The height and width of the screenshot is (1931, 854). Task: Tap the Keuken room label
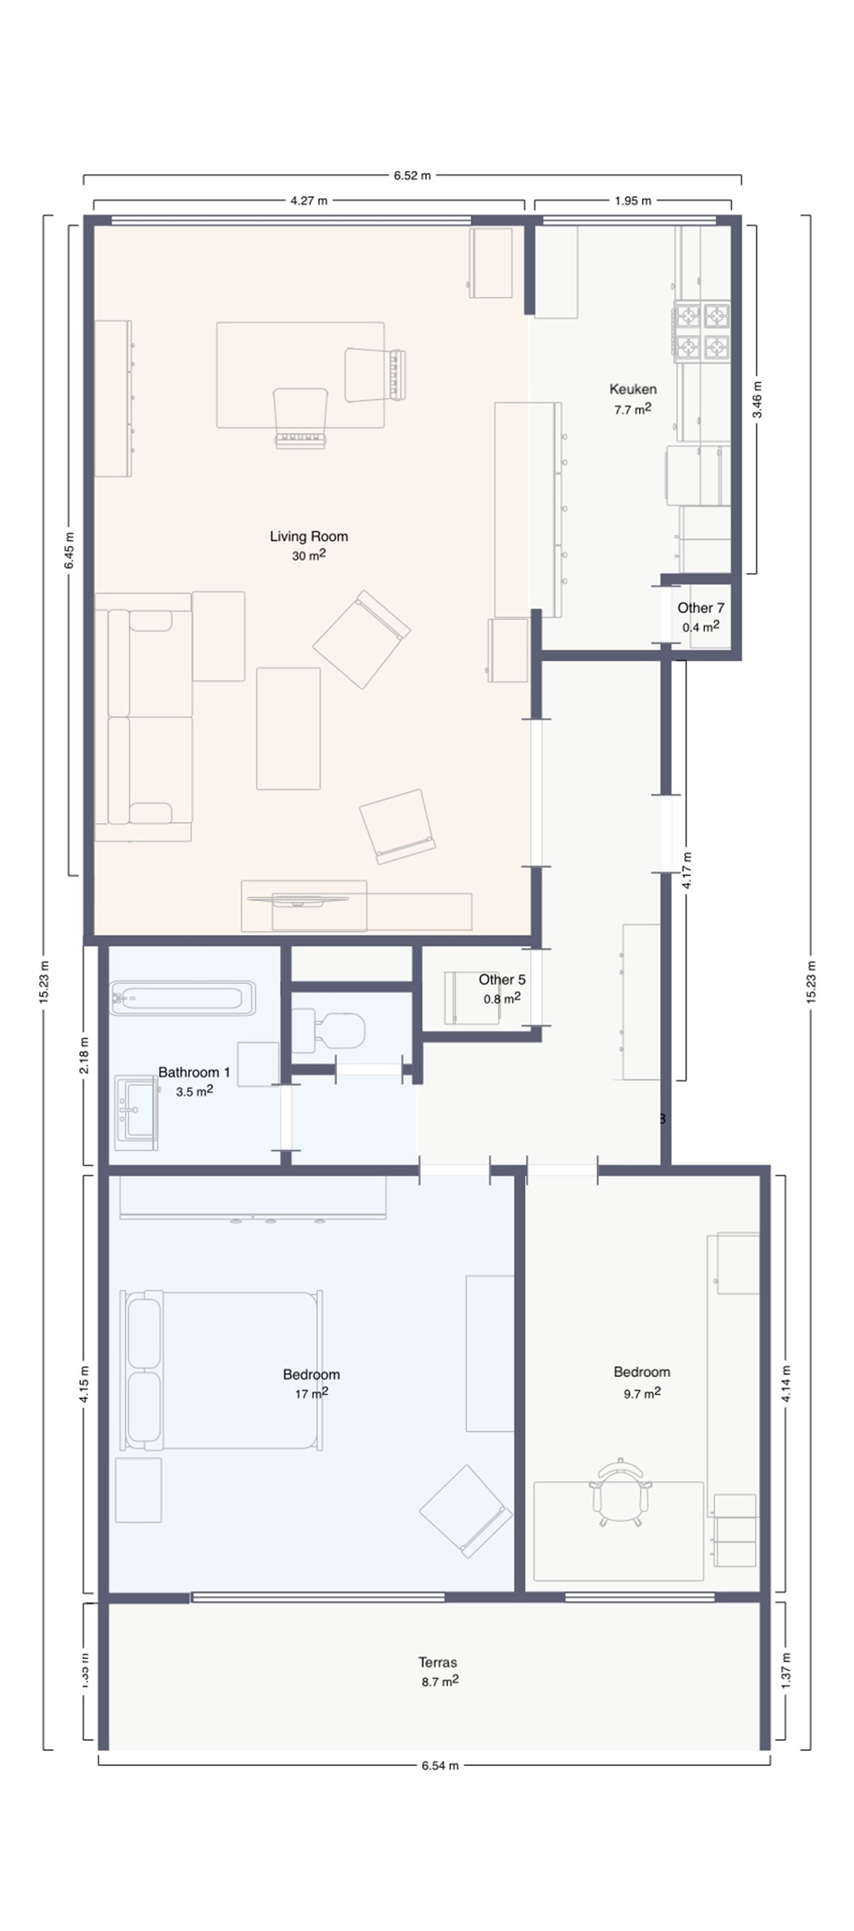tap(633, 389)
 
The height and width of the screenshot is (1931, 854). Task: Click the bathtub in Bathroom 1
tap(182, 998)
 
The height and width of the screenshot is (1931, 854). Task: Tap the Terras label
tap(437, 1662)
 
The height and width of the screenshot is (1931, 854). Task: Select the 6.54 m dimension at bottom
tap(439, 1765)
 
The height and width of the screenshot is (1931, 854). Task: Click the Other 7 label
tap(700, 608)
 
